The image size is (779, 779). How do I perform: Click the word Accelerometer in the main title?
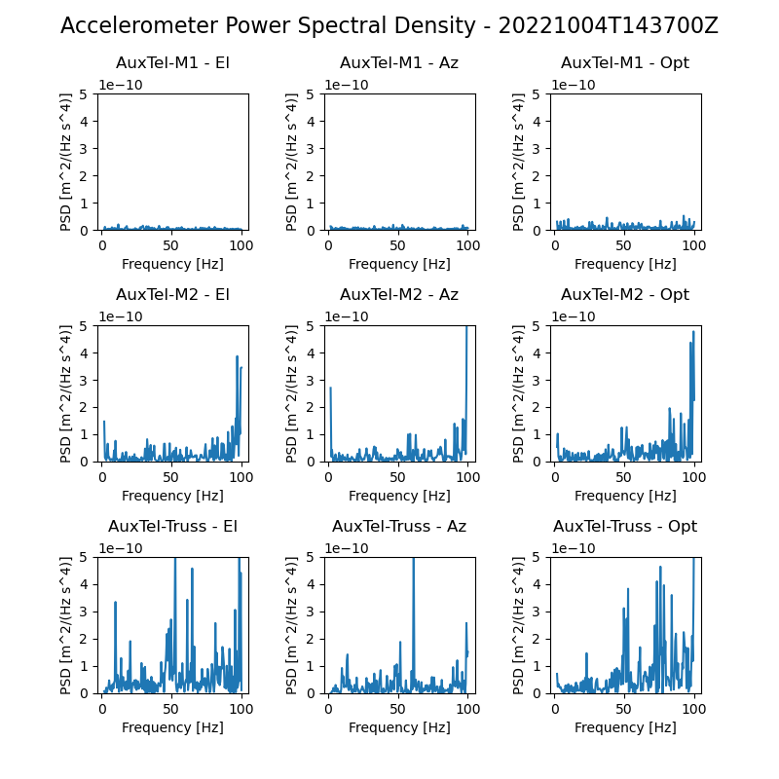click(x=139, y=26)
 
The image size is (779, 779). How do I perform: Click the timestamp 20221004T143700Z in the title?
click(x=608, y=26)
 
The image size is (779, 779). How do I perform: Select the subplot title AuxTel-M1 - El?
click(x=173, y=63)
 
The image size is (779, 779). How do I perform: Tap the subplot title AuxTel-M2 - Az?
click(x=399, y=295)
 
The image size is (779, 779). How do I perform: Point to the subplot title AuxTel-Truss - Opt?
click(x=625, y=526)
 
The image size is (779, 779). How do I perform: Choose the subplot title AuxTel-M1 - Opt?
click(x=625, y=63)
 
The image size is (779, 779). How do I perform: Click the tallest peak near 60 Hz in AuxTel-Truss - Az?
click(x=413, y=559)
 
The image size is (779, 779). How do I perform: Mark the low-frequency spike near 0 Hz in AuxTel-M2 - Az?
click(x=331, y=388)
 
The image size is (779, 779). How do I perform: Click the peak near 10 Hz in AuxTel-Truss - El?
click(x=115, y=602)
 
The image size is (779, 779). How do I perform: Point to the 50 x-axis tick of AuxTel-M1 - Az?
click(x=397, y=245)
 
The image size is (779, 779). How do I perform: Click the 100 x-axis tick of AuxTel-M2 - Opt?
click(x=694, y=477)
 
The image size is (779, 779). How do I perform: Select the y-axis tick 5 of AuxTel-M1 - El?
click(x=84, y=94)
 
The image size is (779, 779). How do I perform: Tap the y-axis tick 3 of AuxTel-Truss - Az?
click(x=311, y=612)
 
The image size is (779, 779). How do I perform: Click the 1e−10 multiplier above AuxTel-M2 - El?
click(x=121, y=317)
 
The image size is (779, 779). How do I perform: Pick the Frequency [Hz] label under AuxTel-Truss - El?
click(x=173, y=727)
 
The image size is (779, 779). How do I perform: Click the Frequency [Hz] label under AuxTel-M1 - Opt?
click(x=625, y=264)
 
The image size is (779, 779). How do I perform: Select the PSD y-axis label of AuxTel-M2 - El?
click(x=65, y=394)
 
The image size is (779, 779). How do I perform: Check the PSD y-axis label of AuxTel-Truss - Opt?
click(x=518, y=625)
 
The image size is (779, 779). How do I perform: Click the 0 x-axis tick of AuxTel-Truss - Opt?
click(x=555, y=710)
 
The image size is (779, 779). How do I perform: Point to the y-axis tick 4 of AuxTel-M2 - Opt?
click(x=537, y=353)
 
